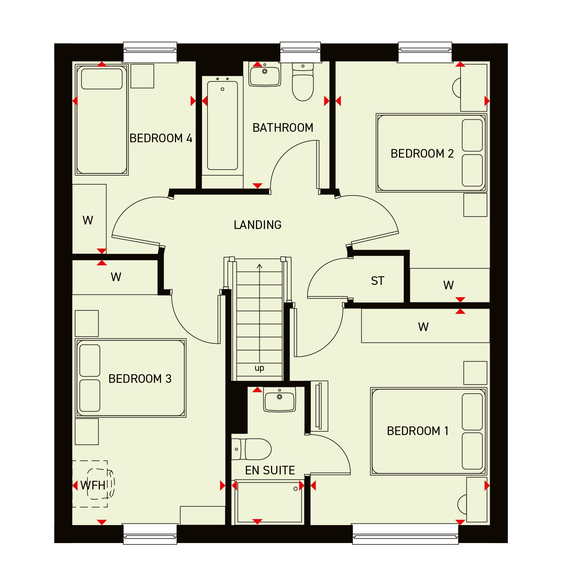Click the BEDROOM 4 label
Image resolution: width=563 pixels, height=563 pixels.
tap(161, 138)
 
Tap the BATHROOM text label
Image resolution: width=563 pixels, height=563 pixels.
tap(283, 128)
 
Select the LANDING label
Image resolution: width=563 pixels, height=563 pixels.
tap(257, 225)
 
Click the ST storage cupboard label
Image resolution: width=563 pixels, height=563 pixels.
tap(378, 281)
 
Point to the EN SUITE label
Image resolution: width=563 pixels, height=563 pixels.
tap(270, 470)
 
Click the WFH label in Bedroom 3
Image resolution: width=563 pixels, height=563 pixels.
tap(93, 485)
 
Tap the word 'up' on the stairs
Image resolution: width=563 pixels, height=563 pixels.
tap(259, 368)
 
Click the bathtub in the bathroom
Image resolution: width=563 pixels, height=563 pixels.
tap(223, 126)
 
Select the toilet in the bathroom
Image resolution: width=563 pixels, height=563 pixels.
tap(303, 82)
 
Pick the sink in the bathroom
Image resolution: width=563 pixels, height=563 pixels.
tap(265, 74)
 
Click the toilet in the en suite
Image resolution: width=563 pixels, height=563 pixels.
tap(251, 449)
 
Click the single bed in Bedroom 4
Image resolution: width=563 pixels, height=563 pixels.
tap(102, 120)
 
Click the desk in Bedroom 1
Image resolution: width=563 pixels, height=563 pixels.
tap(477, 500)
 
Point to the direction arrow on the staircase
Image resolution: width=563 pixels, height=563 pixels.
tap(259, 313)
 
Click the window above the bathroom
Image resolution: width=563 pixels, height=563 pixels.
tap(300, 52)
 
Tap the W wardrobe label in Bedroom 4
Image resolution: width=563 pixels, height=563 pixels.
tap(88, 220)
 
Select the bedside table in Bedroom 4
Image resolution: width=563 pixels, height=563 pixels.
tap(142, 76)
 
